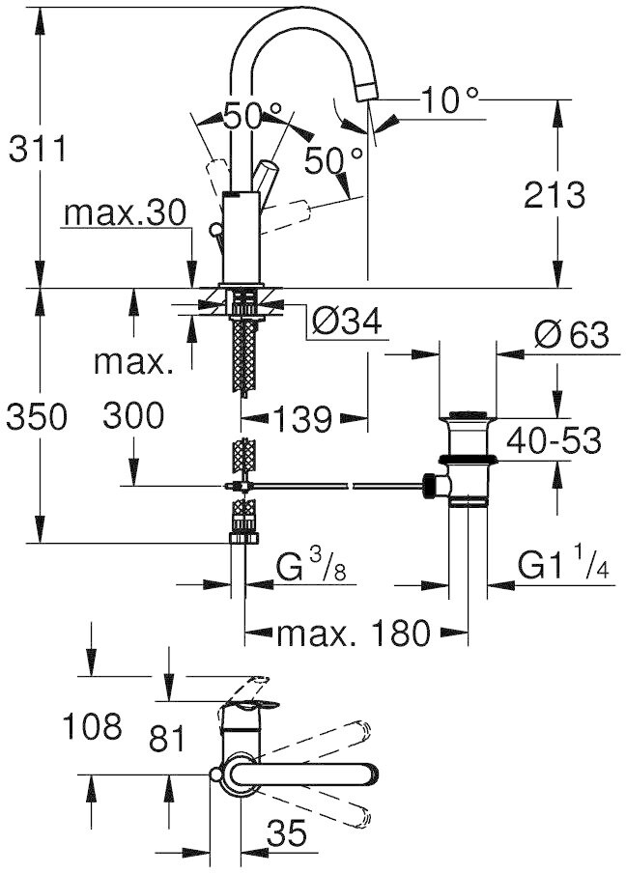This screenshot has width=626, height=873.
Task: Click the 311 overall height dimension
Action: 38,149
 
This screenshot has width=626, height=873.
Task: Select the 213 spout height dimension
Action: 555,195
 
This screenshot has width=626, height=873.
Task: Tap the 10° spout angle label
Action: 449,99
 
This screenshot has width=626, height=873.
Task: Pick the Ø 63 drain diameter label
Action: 572,334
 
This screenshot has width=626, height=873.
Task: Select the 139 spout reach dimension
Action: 303,419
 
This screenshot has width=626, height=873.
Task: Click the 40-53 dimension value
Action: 554,441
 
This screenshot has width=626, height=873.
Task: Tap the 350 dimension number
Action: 37,417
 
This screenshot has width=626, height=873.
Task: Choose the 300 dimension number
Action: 133,415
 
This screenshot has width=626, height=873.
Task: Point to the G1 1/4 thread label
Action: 562,565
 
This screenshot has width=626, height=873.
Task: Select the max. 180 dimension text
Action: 355,632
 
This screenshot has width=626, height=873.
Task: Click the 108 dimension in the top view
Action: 92,726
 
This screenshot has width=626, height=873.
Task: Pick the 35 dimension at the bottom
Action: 287,833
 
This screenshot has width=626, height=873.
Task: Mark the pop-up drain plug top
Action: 468,415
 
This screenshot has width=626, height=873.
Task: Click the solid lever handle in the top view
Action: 303,774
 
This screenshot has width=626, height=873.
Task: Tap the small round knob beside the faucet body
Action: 215,229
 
